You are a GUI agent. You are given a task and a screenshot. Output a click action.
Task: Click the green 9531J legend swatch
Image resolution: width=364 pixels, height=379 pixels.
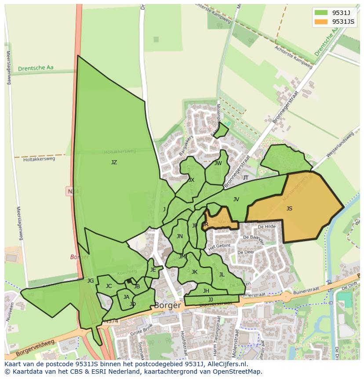point(321,12)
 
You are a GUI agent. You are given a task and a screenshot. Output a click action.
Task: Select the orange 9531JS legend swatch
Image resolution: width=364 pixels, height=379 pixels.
point(321,22)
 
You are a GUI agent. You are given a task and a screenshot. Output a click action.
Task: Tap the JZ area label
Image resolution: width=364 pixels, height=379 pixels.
point(114,162)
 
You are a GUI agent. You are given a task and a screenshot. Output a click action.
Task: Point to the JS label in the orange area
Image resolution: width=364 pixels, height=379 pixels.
point(289,209)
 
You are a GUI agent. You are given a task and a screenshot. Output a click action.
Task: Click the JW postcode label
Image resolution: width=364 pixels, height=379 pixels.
point(218,163)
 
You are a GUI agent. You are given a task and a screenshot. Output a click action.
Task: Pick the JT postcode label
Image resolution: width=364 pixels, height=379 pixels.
point(246,178)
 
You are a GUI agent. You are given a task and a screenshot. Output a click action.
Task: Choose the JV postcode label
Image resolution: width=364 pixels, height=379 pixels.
point(236,199)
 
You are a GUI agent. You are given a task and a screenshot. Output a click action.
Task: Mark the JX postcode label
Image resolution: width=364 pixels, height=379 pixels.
point(191,180)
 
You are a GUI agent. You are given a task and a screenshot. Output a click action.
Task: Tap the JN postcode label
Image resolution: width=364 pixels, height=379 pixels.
point(179,236)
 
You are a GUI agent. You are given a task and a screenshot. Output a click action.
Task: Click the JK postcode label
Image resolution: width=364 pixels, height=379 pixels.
point(194,272)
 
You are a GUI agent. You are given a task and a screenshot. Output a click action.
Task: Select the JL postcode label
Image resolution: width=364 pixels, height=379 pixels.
point(222,275)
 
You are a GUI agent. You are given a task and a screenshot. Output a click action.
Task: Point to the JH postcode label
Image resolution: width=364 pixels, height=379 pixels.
point(206,291)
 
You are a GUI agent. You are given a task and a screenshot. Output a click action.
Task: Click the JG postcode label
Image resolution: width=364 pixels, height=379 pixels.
point(91,281)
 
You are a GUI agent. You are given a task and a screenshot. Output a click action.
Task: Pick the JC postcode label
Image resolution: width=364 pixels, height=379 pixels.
point(109,286)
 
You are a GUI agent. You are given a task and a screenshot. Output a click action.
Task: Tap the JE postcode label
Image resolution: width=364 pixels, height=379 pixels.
point(153,270)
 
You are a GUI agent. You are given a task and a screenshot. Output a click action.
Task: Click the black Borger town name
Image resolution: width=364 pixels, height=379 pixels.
point(167,305)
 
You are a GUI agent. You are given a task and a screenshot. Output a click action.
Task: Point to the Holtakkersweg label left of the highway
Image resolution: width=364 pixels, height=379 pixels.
point(39,159)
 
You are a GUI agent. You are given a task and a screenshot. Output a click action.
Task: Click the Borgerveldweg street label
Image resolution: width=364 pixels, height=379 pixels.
point(35,348)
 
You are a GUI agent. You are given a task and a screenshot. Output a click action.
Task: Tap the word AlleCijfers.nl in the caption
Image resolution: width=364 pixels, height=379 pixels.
point(226,364)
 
